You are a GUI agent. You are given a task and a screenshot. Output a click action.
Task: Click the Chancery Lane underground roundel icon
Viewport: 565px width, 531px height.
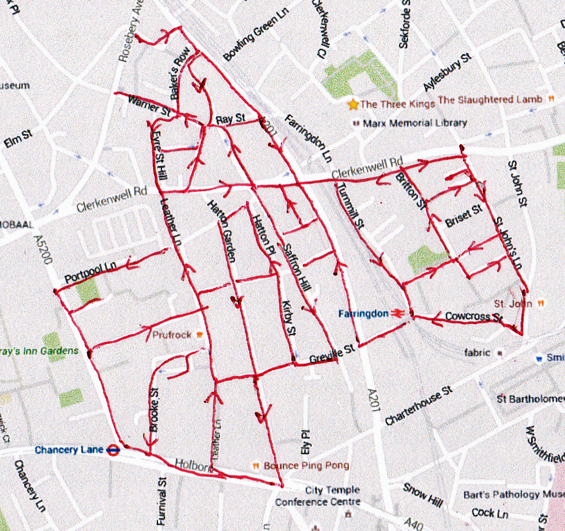(x=112, y=450)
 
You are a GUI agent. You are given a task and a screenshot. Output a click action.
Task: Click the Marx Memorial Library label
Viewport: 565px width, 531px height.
(x=415, y=123)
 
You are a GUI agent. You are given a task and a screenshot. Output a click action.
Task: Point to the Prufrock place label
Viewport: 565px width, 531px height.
(x=172, y=335)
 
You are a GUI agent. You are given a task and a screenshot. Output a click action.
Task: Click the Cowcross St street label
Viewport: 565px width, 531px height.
(x=473, y=317)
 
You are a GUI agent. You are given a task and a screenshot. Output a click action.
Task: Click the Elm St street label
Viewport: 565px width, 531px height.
(x=18, y=139)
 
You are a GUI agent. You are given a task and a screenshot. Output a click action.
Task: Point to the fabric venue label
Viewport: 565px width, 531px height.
(x=476, y=353)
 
